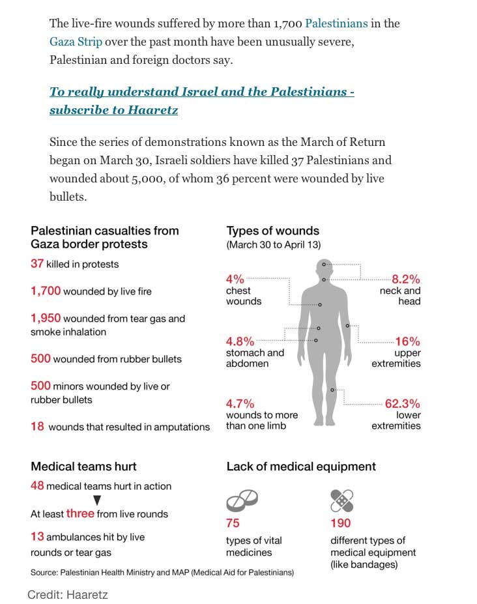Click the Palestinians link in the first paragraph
(x=336, y=23)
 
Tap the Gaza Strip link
(x=76, y=42)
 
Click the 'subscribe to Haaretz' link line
(x=114, y=109)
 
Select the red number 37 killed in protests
(x=36, y=264)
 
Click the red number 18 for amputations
(x=37, y=426)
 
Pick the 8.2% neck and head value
(x=405, y=278)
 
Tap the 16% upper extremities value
(x=407, y=341)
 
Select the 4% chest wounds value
(x=235, y=279)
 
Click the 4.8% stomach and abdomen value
(x=240, y=341)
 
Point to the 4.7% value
(x=240, y=403)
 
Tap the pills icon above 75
(x=242, y=501)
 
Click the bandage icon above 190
(x=341, y=500)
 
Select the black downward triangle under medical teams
(x=97, y=500)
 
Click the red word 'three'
(x=80, y=513)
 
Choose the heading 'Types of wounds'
(x=272, y=231)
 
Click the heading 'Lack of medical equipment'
(x=300, y=466)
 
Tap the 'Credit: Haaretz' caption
(x=67, y=594)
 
